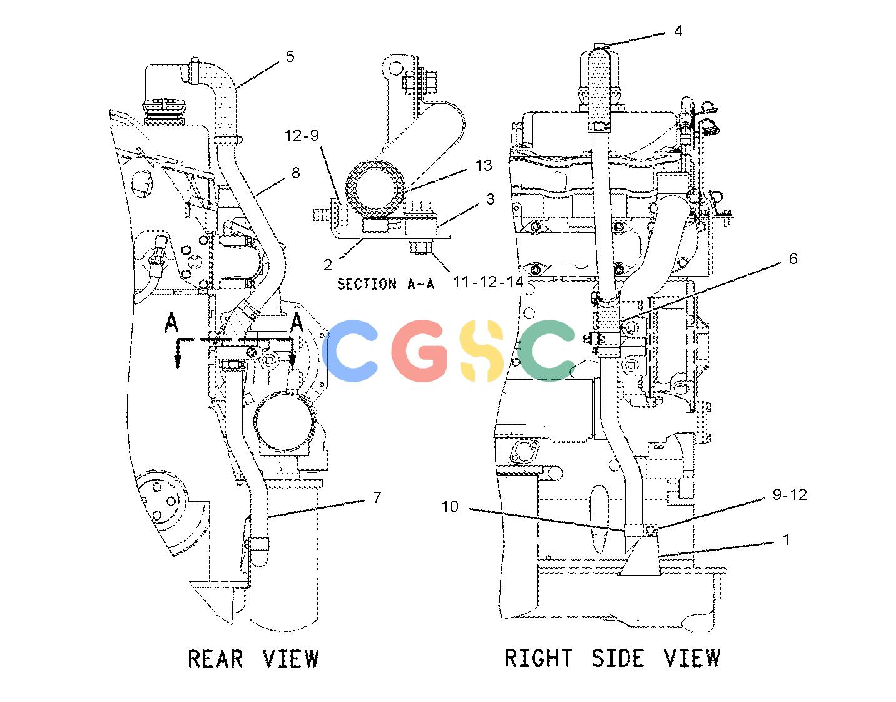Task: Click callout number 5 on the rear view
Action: pyautogui.click(x=290, y=56)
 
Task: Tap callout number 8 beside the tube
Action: pyautogui.click(x=296, y=173)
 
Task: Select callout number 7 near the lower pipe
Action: pyautogui.click(x=377, y=497)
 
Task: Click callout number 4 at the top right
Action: pyautogui.click(x=678, y=31)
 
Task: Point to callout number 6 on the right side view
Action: pyautogui.click(x=793, y=258)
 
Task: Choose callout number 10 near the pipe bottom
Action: pyautogui.click(x=450, y=506)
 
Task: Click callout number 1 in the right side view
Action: pyautogui.click(x=786, y=539)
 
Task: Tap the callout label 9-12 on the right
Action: pyautogui.click(x=790, y=494)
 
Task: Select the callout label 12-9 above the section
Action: pyautogui.click(x=302, y=135)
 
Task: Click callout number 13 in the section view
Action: pyautogui.click(x=484, y=165)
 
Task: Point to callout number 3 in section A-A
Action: pyautogui.click(x=490, y=199)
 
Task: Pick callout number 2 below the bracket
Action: pyautogui.click(x=328, y=265)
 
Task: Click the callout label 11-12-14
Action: pyautogui.click(x=488, y=282)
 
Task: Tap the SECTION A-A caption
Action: pyautogui.click(x=385, y=284)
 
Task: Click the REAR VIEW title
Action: pyautogui.click(x=253, y=658)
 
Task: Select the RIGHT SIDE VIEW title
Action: pyautogui.click(x=613, y=658)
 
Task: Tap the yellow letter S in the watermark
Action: pyautogui.click(x=482, y=350)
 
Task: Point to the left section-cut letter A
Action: pyautogui.click(x=171, y=322)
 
